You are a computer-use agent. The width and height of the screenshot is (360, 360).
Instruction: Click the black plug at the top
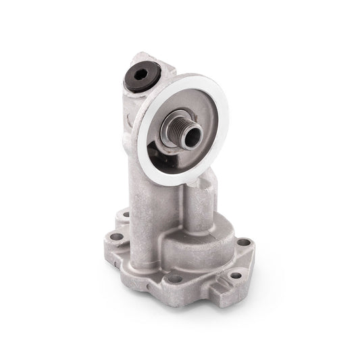pos(143,76)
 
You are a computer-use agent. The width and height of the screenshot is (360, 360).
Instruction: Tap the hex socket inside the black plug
pos(141,76)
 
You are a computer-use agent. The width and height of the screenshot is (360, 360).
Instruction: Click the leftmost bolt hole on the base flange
pos(115,237)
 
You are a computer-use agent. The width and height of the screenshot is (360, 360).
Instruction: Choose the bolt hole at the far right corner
pos(243,242)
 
